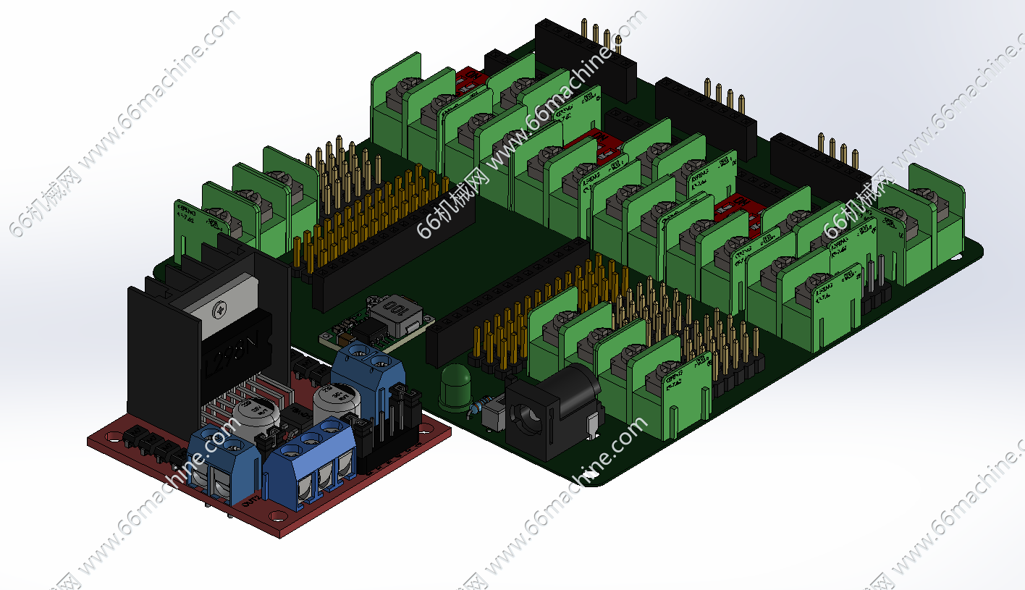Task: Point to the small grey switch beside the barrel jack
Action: point(494,416)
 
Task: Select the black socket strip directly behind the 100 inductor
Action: point(395,246)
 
